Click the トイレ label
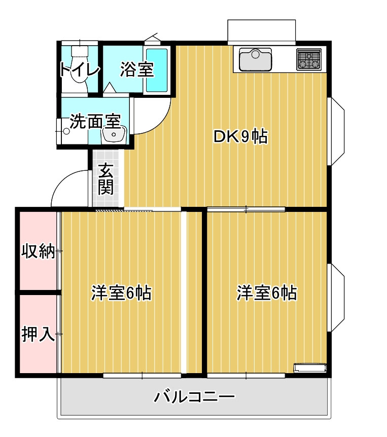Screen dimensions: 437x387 [x=79, y=70]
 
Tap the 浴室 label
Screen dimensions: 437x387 [x=136, y=70]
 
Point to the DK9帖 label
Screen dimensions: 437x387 [x=240, y=136]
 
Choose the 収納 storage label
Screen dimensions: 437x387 [x=38, y=251]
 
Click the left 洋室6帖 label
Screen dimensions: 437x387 [x=121, y=293]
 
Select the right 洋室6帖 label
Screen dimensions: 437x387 [x=267, y=293]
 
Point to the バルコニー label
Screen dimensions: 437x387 [x=194, y=396]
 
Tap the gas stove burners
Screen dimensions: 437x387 [x=309, y=60]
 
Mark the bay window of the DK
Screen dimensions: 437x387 [x=338, y=131]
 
